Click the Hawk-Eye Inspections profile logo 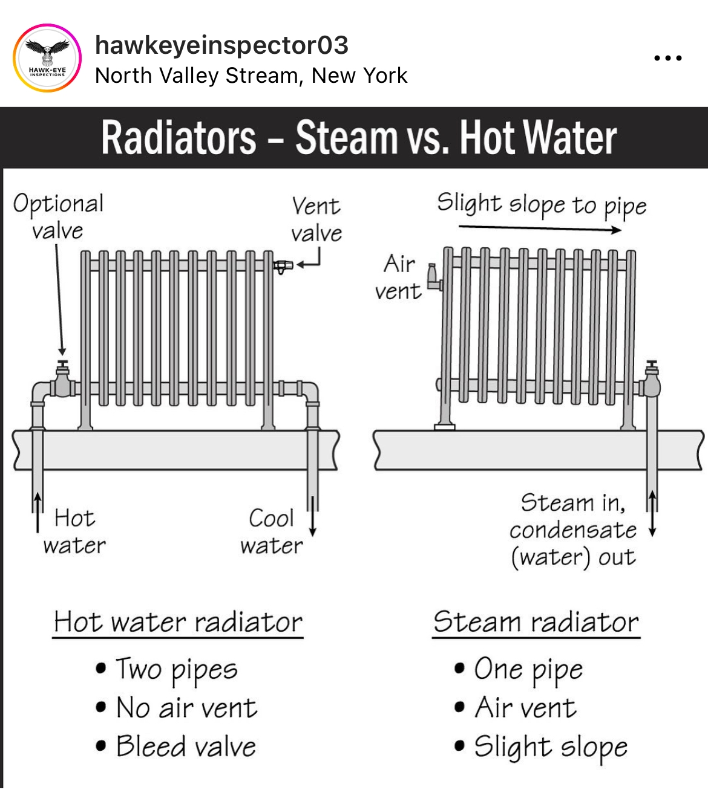pyautogui.click(x=47, y=58)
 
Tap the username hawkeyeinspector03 pyautogui.click(x=222, y=45)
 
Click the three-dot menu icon pyautogui.click(x=668, y=58)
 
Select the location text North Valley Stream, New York pyautogui.click(x=251, y=76)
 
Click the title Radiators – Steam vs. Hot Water pyautogui.click(x=359, y=137)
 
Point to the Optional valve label pyautogui.click(x=58, y=216)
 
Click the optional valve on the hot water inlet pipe pyautogui.click(x=62, y=380)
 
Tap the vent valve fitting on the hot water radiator pyautogui.click(x=283, y=267)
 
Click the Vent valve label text pyautogui.click(x=316, y=219)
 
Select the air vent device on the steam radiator pyautogui.click(x=434, y=278)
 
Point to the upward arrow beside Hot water pyautogui.click(x=38, y=512)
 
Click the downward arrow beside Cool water pyautogui.click(x=313, y=516)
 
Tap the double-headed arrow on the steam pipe pyautogui.click(x=652, y=513)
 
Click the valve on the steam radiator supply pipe pyautogui.click(x=651, y=380)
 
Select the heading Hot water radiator pyautogui.click(x=178, y=622)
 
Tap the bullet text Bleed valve pyautogui.click(x=186, y=747)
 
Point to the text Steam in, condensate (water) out pyautogui.click(x=573, y=531)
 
